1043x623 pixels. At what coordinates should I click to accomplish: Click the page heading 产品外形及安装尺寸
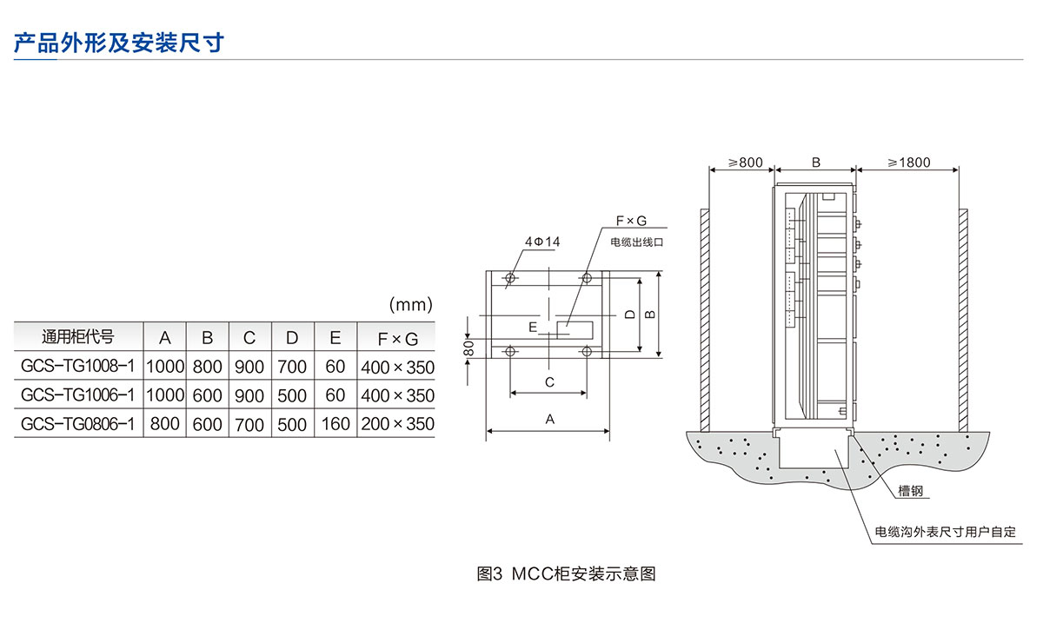tap(119, 43)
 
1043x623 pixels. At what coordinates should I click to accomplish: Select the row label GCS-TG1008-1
tap(77, 366)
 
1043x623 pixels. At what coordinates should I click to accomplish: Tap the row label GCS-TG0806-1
tap(77, 424)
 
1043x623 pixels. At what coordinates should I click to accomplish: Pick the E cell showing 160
tap(335, 424)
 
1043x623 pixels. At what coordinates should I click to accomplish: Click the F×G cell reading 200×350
tap(398, 424)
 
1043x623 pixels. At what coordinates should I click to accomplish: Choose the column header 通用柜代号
tap(77, 336)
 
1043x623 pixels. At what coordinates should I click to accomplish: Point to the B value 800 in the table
tap(207, 367)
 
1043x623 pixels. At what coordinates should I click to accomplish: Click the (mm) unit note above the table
tap(410, 304)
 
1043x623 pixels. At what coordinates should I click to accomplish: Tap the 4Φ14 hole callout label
tap(542, 242)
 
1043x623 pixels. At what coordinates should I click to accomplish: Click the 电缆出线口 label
tap(636, 242)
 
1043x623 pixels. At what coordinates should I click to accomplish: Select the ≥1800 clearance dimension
tap(908, 162)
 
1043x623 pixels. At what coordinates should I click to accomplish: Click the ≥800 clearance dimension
tap(745, 162)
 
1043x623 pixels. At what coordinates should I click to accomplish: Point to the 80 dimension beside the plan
tap(468, 348)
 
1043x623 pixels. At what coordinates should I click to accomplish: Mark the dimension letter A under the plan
tap(550, 420)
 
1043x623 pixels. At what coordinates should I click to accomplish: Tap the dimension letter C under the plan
tap(549, 382)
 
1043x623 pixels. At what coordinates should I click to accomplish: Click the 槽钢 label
tap(910, 491)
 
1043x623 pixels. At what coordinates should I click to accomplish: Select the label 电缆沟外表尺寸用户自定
tap(946, 532)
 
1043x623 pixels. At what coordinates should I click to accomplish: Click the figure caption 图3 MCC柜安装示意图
tap(566, 573)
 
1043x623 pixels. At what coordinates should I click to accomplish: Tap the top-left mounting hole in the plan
tap(510, 278)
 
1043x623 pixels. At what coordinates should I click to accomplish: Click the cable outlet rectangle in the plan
tap(575, 330)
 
